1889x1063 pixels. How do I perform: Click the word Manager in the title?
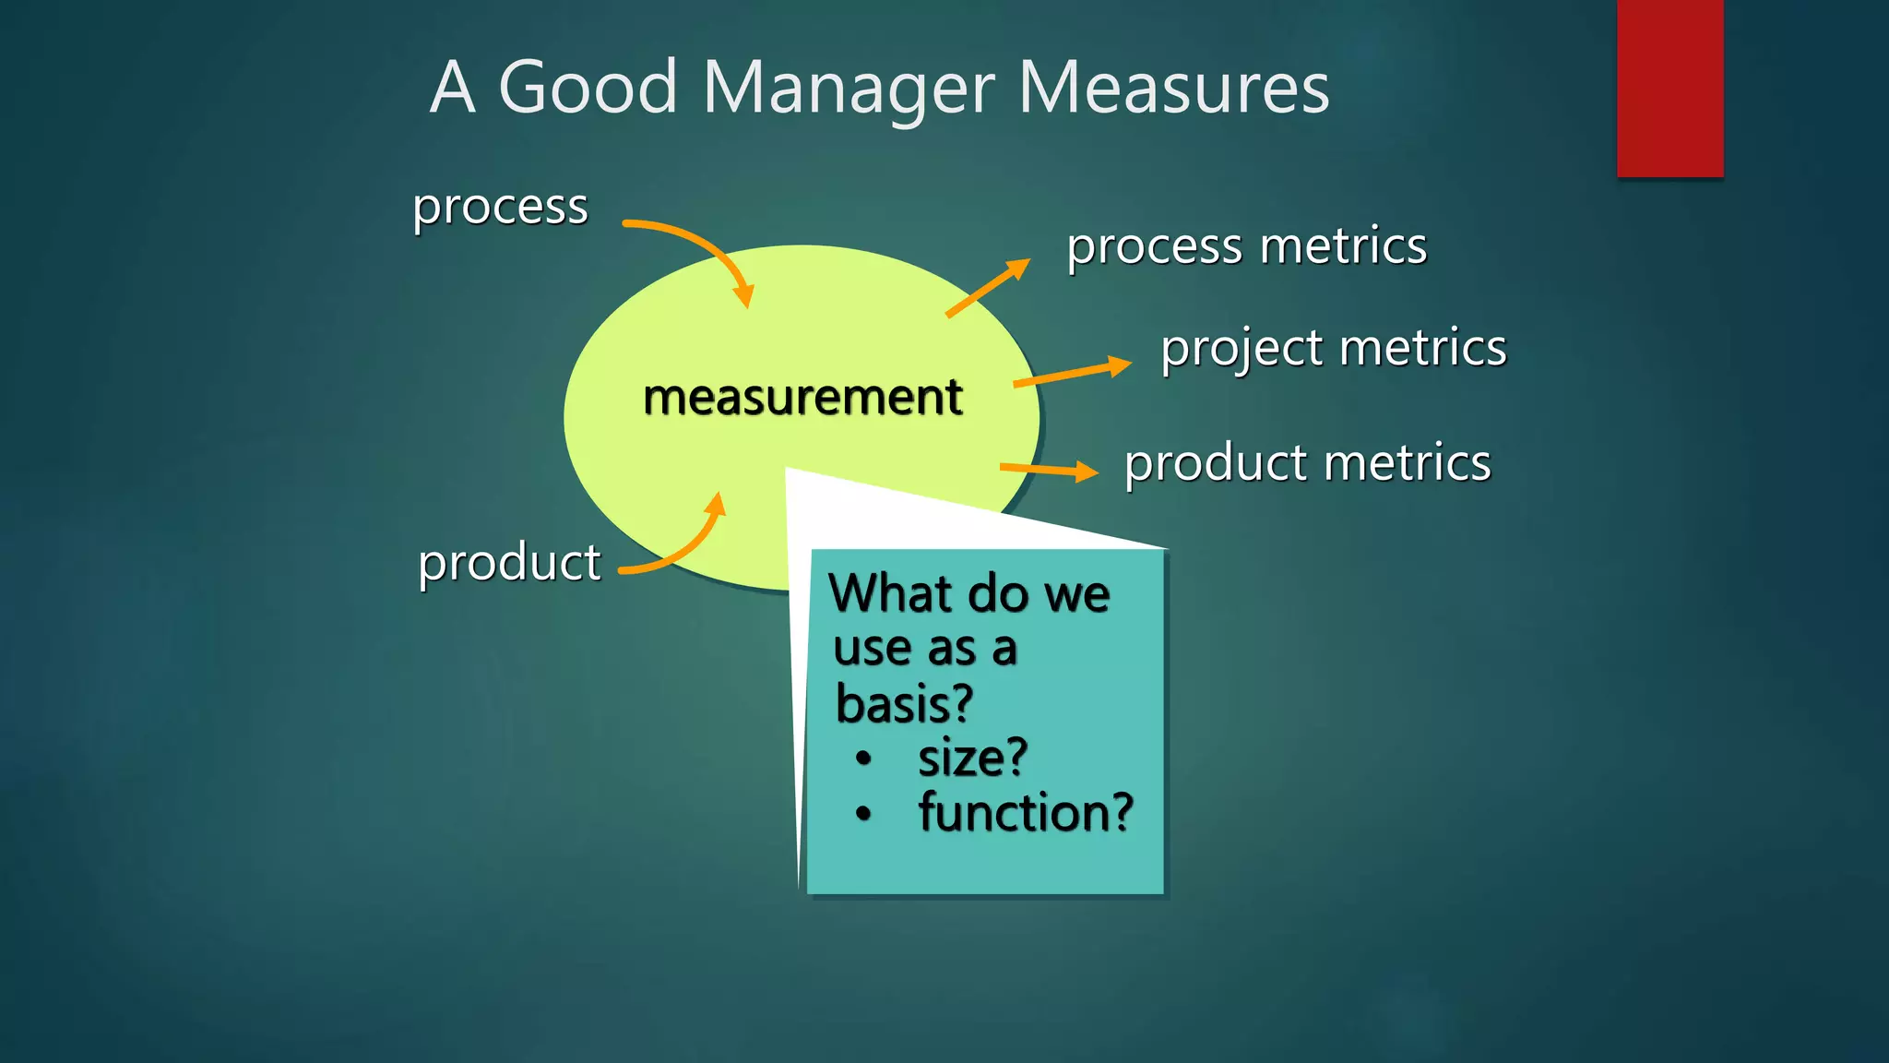[848, 89]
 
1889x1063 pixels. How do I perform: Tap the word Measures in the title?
[1173, 89]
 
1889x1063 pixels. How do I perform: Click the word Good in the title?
[588, 89]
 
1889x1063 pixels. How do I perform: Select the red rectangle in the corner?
[1669, 88]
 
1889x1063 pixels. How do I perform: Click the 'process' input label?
[500, 207]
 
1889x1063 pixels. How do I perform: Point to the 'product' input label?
[509, 562]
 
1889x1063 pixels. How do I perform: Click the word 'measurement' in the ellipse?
[802, 398]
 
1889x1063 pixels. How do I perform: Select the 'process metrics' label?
[1246, 246]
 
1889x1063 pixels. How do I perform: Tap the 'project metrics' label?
[1333, 349]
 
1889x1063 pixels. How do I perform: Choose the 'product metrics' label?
[1307, 462]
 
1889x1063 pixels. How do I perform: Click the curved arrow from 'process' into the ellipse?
[701, 248]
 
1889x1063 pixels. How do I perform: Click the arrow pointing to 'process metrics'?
[987, 288]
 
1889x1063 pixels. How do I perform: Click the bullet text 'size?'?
[972, 758]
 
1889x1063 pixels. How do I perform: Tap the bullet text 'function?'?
[1025, 813]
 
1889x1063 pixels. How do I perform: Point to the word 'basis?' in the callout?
[904, 704]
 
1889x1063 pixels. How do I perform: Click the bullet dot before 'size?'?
[863, 759]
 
